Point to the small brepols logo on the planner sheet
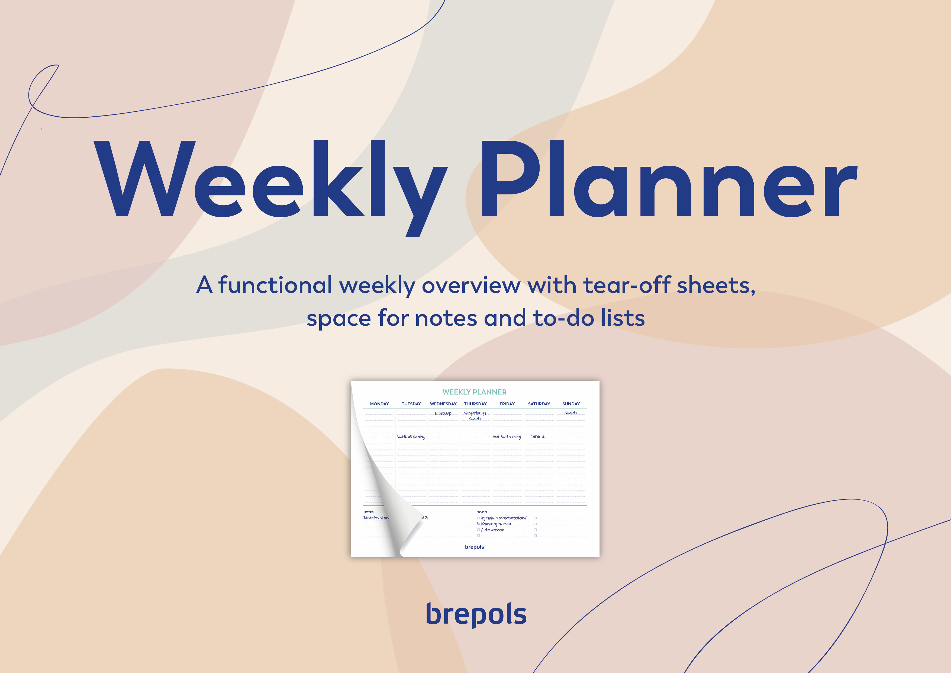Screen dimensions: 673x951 [474, 547]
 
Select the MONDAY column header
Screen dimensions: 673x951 [379, 404]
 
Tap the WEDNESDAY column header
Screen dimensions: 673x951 [443, 404]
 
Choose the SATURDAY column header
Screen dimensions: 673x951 [539, 404]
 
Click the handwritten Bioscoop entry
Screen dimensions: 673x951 [443, 413]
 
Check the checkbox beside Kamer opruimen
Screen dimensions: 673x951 [478, 524]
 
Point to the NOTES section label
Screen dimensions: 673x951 [368, 512]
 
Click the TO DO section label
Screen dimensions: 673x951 [482, 512]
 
